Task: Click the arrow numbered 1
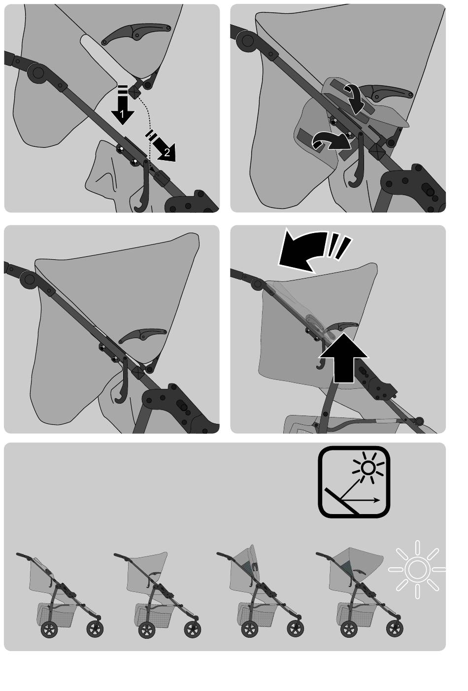(122, 108)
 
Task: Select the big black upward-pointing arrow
(343, 358)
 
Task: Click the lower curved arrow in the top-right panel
(332, 141)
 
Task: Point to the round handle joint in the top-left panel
(38, 73)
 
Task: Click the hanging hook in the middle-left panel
(122, 381)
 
